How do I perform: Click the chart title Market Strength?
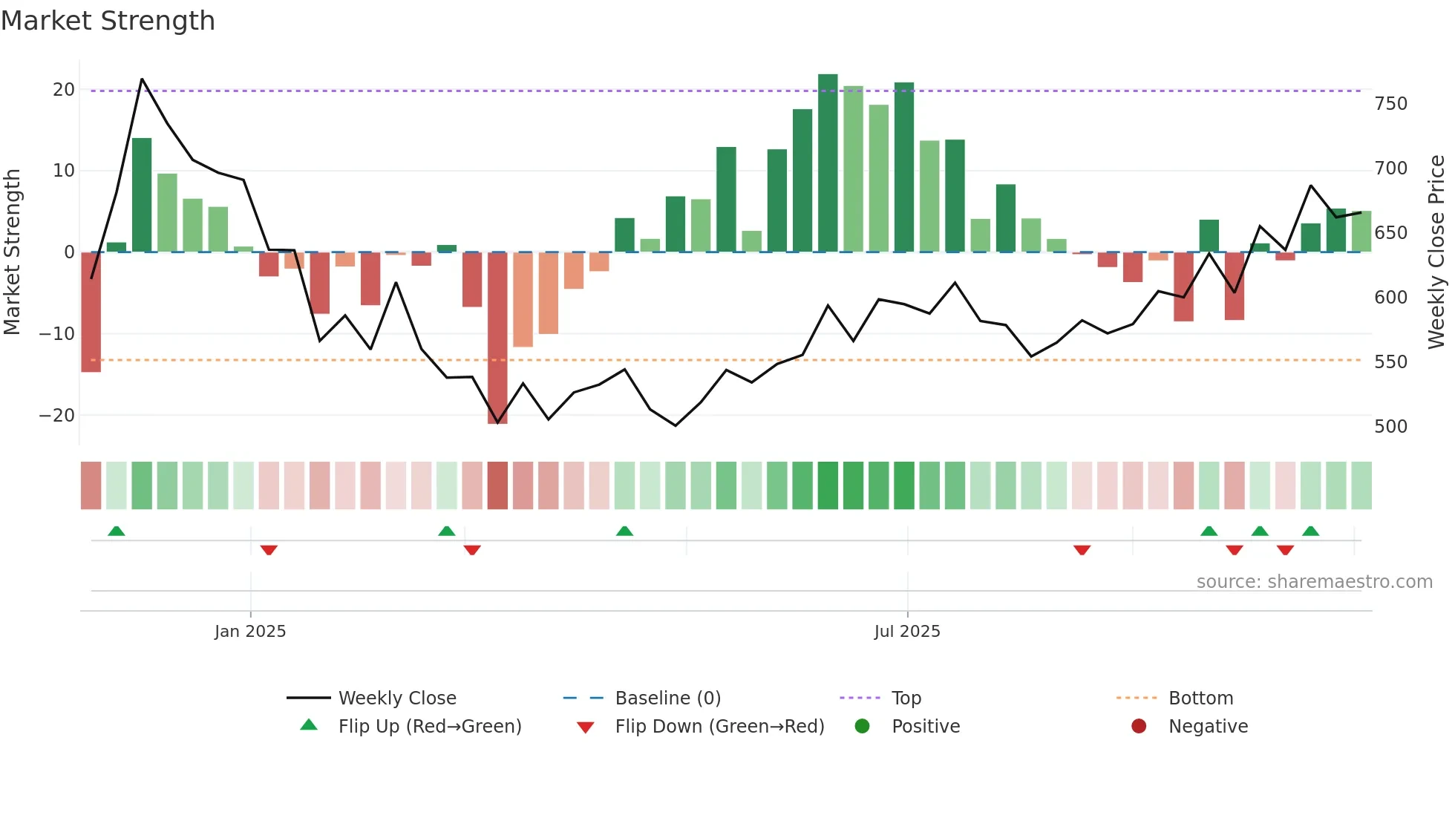tap(108, 21)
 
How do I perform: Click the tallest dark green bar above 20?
tap(828, 163)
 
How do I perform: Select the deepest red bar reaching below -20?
tap(497, 338)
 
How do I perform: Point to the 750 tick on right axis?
tap(1390, 104)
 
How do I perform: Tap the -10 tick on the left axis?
tap(57, 334)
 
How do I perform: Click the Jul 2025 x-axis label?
tap(906, 632)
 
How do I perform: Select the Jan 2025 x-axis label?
tap(250, 632)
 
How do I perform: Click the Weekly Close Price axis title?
tap(1436, 252)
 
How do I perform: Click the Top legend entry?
tap(906, 698)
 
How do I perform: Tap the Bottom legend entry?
tap(1200, 698)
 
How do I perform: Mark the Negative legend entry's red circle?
tap(1139, 727)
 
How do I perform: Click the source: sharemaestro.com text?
tap(1314, 582)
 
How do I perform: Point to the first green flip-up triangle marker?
tap(117, 531)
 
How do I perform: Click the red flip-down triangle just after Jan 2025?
tap(269, 550)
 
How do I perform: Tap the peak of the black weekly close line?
tap(142, 79)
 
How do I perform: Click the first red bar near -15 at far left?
tap(91, 312)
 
